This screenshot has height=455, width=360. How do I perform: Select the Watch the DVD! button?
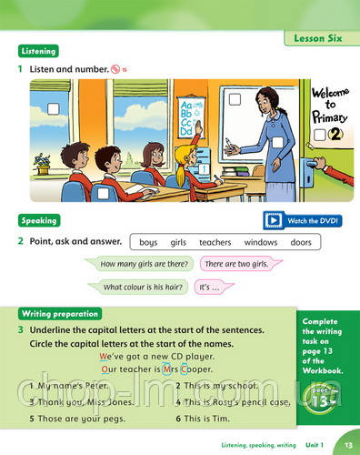tap(302, 219)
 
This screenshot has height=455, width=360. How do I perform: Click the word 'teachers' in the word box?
tap(215, 242)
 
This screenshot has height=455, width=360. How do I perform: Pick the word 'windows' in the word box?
tap(261, 242)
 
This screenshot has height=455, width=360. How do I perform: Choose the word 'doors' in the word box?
tap(301, 242)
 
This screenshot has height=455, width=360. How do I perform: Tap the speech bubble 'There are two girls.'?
tap(235, 264)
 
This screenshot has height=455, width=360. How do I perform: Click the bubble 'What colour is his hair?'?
tap(145, 287)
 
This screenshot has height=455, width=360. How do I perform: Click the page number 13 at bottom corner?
tap(348, 444)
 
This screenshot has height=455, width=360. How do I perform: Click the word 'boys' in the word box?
tap(149, 242)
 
